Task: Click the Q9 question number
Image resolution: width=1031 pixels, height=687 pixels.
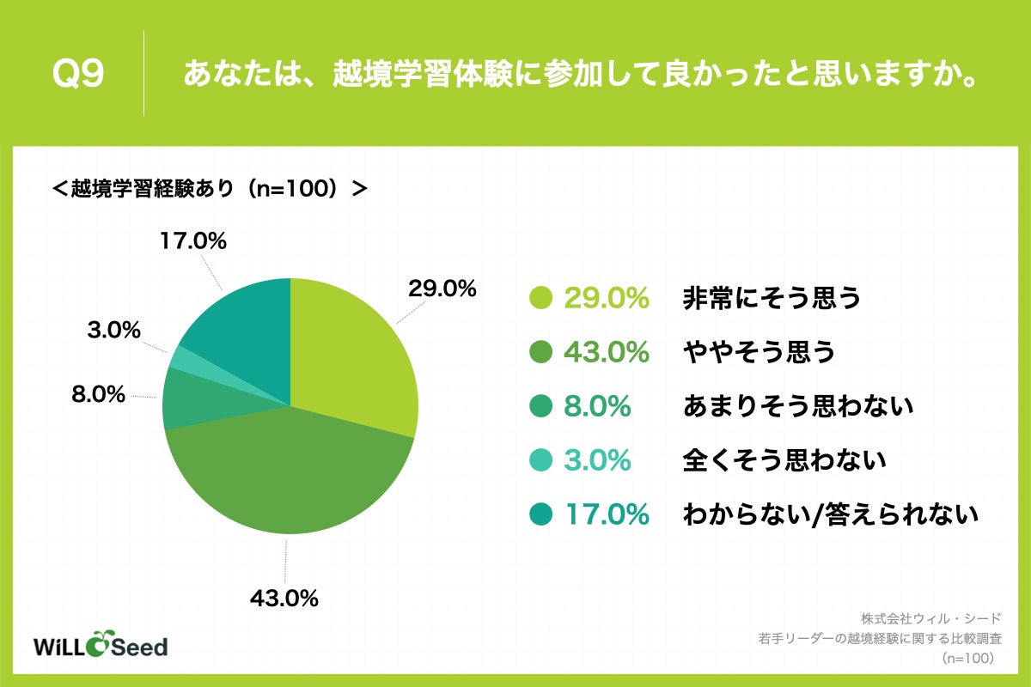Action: click(x=78, y=74)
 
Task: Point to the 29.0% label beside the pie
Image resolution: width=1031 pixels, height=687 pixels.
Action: click(x=442, y=289)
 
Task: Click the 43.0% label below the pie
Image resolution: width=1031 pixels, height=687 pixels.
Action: click(x=284, y=598)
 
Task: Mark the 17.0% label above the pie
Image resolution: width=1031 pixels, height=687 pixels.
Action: click(x=192, y=242)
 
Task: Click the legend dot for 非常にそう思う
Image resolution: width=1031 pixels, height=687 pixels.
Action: click(x=540, y=298)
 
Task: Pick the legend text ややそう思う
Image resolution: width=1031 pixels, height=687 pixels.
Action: click(x=759, y=352)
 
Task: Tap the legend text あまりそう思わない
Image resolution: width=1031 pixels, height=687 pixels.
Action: click(x=796, y=406)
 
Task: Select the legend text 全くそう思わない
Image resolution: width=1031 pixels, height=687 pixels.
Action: click(x=784, y=460)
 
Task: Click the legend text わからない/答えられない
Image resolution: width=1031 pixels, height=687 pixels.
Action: click(x=831, y=514)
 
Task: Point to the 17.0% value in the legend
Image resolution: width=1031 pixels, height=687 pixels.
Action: click(x=606, y=514)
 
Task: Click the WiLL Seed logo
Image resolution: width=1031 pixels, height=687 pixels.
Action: click(x=100, y=645)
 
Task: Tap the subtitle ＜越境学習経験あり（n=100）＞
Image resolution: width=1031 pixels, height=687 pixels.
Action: click(x=210, y=188)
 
